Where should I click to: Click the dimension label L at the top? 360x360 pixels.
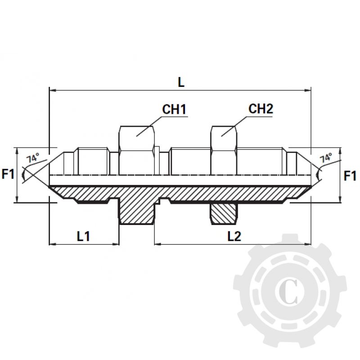point(181,82)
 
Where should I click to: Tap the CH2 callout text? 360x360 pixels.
point(261,109)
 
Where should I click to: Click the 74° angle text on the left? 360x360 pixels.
point(32,158)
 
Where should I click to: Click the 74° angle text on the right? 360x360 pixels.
point(326,158)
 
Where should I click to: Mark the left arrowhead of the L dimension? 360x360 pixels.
point(52,91)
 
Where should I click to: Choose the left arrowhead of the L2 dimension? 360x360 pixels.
point(158,244)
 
